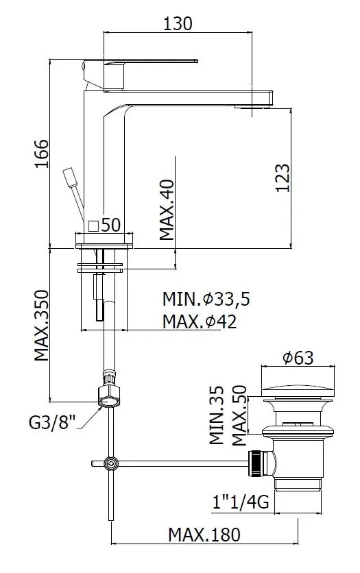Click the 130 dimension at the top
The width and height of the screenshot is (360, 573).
(x=178, y=23)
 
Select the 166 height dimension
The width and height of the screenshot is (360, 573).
(x=42, y=154)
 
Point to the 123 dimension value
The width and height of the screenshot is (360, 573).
(x=282, y=178)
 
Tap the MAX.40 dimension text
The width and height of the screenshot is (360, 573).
(x=167, y=210)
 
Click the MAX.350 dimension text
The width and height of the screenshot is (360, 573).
(x=42, y=326)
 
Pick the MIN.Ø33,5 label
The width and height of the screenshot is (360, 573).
(x=206, y=299)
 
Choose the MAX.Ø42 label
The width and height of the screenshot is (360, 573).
(x=200, y=321)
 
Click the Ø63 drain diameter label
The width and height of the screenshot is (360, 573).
(x=298, y=358)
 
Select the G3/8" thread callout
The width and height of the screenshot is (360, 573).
(x=52, y=423)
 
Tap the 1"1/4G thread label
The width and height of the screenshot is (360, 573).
(x=241, y=502)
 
